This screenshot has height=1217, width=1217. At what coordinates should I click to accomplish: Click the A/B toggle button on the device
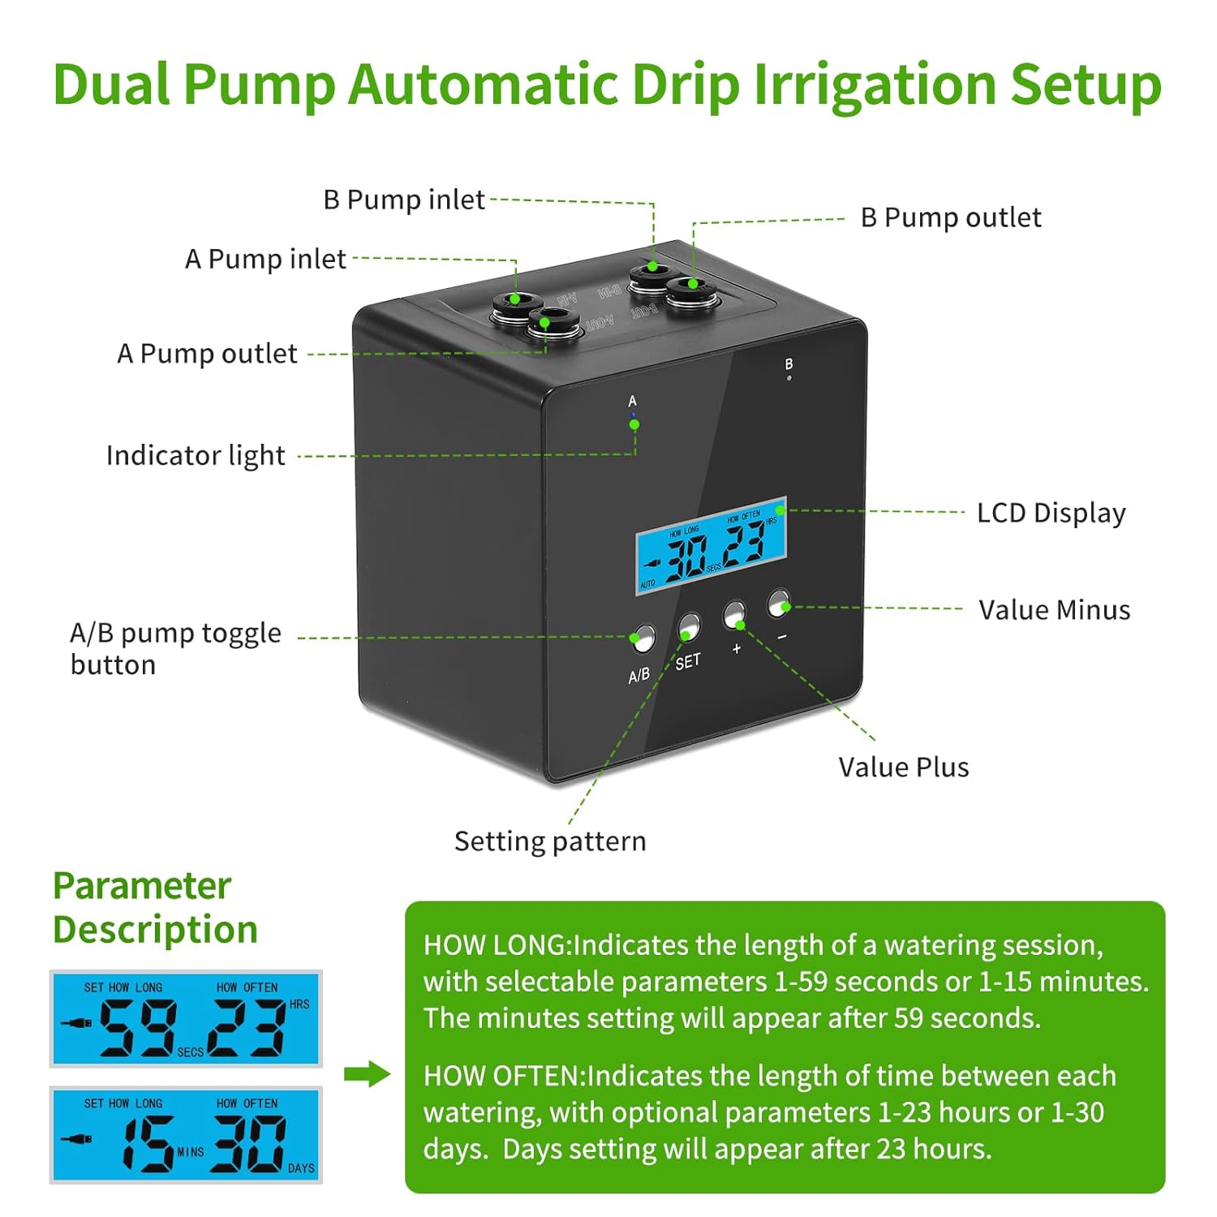(643, 639)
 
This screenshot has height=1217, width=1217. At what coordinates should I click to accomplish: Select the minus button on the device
(779, 604)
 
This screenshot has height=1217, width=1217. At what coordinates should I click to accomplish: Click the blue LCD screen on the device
(712, 545)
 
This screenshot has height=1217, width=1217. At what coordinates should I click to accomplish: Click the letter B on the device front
(789, 364)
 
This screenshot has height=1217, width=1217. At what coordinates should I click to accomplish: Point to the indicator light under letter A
(634, 416)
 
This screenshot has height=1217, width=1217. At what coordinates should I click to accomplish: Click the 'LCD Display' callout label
(1051, 514)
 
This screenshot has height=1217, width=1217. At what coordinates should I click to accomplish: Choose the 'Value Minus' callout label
(1055, 610)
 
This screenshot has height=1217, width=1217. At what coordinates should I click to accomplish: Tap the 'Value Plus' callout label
(904, 768)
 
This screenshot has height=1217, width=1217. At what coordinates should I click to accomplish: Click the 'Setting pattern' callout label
(550, 842)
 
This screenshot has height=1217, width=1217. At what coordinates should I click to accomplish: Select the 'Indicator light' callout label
(196, 456)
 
